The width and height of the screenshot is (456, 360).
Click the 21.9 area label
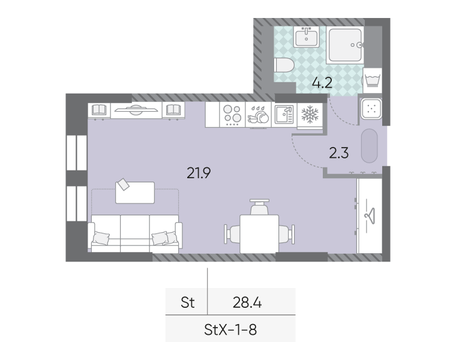tap(199, 173)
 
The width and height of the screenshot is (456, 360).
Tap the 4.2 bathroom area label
tap(322, 83)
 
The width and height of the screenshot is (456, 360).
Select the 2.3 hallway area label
tap(339, 153)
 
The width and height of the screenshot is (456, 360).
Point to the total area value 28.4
tap(247, 302)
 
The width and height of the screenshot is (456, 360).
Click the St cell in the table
tap(188, 302)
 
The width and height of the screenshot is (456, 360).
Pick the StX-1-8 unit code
tap(230, 330)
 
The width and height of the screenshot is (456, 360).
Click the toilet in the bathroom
tap(284, 65)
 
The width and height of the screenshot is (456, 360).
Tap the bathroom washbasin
tap(306, 37)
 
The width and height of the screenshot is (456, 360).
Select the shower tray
tap(345, 45)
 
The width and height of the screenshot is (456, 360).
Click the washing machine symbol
tap(372, 80)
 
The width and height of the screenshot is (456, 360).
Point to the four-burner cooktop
tap(232, 115)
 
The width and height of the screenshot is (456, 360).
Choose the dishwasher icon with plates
tap(258, 115)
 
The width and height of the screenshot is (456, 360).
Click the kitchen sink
tap(284, 115)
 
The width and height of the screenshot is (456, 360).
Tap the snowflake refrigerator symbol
tap(310, 114)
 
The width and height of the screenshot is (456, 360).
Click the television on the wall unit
tap(136, 110)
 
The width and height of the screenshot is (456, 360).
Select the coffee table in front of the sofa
tap(135, 193)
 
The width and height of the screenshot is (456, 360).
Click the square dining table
tap(259, 234)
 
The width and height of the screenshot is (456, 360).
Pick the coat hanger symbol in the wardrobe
tap(370, 216)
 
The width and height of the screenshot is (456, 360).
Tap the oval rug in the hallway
tap(370, 146)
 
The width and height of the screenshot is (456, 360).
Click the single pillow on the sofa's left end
tap(101, 238)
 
